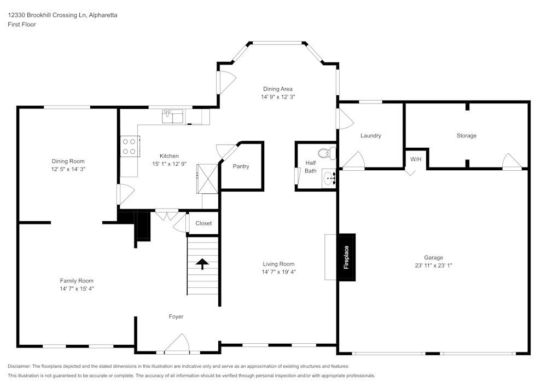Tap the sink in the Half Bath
(329, 178)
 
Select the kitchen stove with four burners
(129, 146)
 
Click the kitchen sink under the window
(173, 116)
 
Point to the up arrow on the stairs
(202, 264)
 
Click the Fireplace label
(346, 257)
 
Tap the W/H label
(416, 159)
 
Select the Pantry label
(241, 166)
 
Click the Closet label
(203, 223)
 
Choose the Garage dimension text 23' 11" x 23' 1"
(433, 265)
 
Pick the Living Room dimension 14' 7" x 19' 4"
(278, 272)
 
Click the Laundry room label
(370, 136)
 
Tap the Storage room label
(466, 136)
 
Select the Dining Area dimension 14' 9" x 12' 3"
(278, 97)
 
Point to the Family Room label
(77, 281)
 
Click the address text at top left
(62, 15)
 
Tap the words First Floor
(22, 25)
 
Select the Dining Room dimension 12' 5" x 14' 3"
(68, 169)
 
